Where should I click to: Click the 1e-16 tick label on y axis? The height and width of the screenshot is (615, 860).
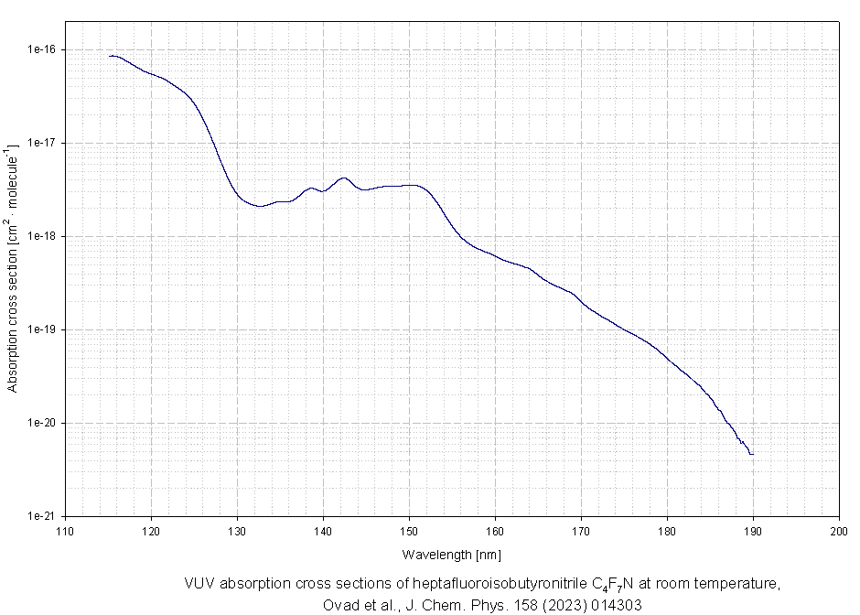click(x=42, y=49)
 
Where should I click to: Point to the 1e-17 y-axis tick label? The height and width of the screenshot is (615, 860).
click(x=42, y=143)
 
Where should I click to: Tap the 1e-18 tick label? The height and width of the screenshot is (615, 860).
click(x=42, y=236)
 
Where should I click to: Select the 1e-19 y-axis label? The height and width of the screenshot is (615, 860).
click(x=42, y=329)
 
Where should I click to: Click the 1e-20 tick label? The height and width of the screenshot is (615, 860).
click(x=42, y=423)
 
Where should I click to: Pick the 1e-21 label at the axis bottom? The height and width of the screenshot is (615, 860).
click(x=42, y=516)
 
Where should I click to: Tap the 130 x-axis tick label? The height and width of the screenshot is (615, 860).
click(x=237, y=531)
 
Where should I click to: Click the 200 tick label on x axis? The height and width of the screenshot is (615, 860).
click(x=839, y=531)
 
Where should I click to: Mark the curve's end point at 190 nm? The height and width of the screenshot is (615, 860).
click(x=752, y=454)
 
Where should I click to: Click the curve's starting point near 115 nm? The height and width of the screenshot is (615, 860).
click(x=109, y=56)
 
